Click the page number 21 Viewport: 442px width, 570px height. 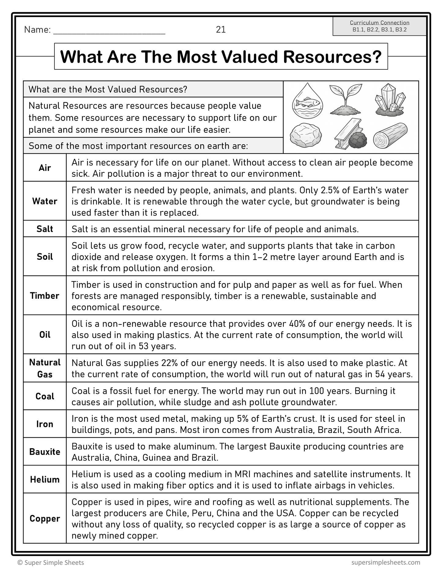coord(221,29)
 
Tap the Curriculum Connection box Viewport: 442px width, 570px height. coord(379,26)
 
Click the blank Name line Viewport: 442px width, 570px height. coord(109,31)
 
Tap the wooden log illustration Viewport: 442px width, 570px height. coord(390,136)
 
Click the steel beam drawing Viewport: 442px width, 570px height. coord(344,135)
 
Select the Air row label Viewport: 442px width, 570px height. coord(45,168)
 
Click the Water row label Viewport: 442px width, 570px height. coord(45,201)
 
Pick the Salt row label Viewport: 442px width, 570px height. coord(45,229)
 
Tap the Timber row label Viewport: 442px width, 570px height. coord(45,296)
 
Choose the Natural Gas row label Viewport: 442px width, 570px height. coord(45,368)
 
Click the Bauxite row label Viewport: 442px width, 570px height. coord(45,452)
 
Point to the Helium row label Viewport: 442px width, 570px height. coord(45,479)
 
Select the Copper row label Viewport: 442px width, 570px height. coord(45,519)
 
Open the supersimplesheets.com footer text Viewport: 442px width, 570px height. coord(386,562)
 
